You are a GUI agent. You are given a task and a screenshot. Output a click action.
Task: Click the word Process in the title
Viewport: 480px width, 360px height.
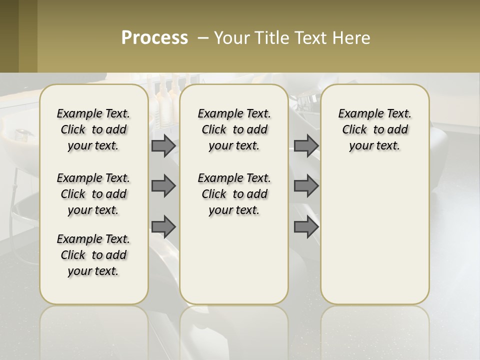(154, 38)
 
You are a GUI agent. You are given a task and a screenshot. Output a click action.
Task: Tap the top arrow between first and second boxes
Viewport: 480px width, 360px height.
(163, 145)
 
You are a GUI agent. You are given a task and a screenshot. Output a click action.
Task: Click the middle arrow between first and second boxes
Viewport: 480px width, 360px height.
(163, 186)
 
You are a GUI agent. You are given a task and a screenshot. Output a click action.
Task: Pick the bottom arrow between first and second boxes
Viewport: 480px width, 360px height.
(163, 226)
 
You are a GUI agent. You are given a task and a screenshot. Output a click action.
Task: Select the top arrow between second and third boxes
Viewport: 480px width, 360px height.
(306, 145)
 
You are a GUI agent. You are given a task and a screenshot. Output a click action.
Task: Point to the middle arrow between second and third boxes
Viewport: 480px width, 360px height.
(306, 186)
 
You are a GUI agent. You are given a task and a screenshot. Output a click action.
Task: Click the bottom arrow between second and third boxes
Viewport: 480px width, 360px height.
(306, 226)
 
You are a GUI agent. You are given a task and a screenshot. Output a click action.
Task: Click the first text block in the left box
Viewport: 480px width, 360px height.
(93, 129)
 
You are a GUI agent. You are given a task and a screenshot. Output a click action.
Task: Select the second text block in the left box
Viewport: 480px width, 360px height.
(93, 194)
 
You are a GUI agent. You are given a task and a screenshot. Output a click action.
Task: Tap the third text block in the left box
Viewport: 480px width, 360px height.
(93, 255)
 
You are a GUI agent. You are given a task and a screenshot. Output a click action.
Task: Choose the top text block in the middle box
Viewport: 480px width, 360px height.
(234, 129)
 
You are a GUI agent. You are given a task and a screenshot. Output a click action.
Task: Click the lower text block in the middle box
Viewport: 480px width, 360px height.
(234, 194)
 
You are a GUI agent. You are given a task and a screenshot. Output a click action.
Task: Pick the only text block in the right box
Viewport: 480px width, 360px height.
(375, 129)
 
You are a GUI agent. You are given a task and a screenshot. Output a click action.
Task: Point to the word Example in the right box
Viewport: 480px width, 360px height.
(358, 114)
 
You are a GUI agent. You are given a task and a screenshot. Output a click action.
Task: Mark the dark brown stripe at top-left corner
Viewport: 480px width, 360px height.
(9, 36)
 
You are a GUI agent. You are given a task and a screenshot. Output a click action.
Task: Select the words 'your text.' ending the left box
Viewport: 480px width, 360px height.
(93, 271)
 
